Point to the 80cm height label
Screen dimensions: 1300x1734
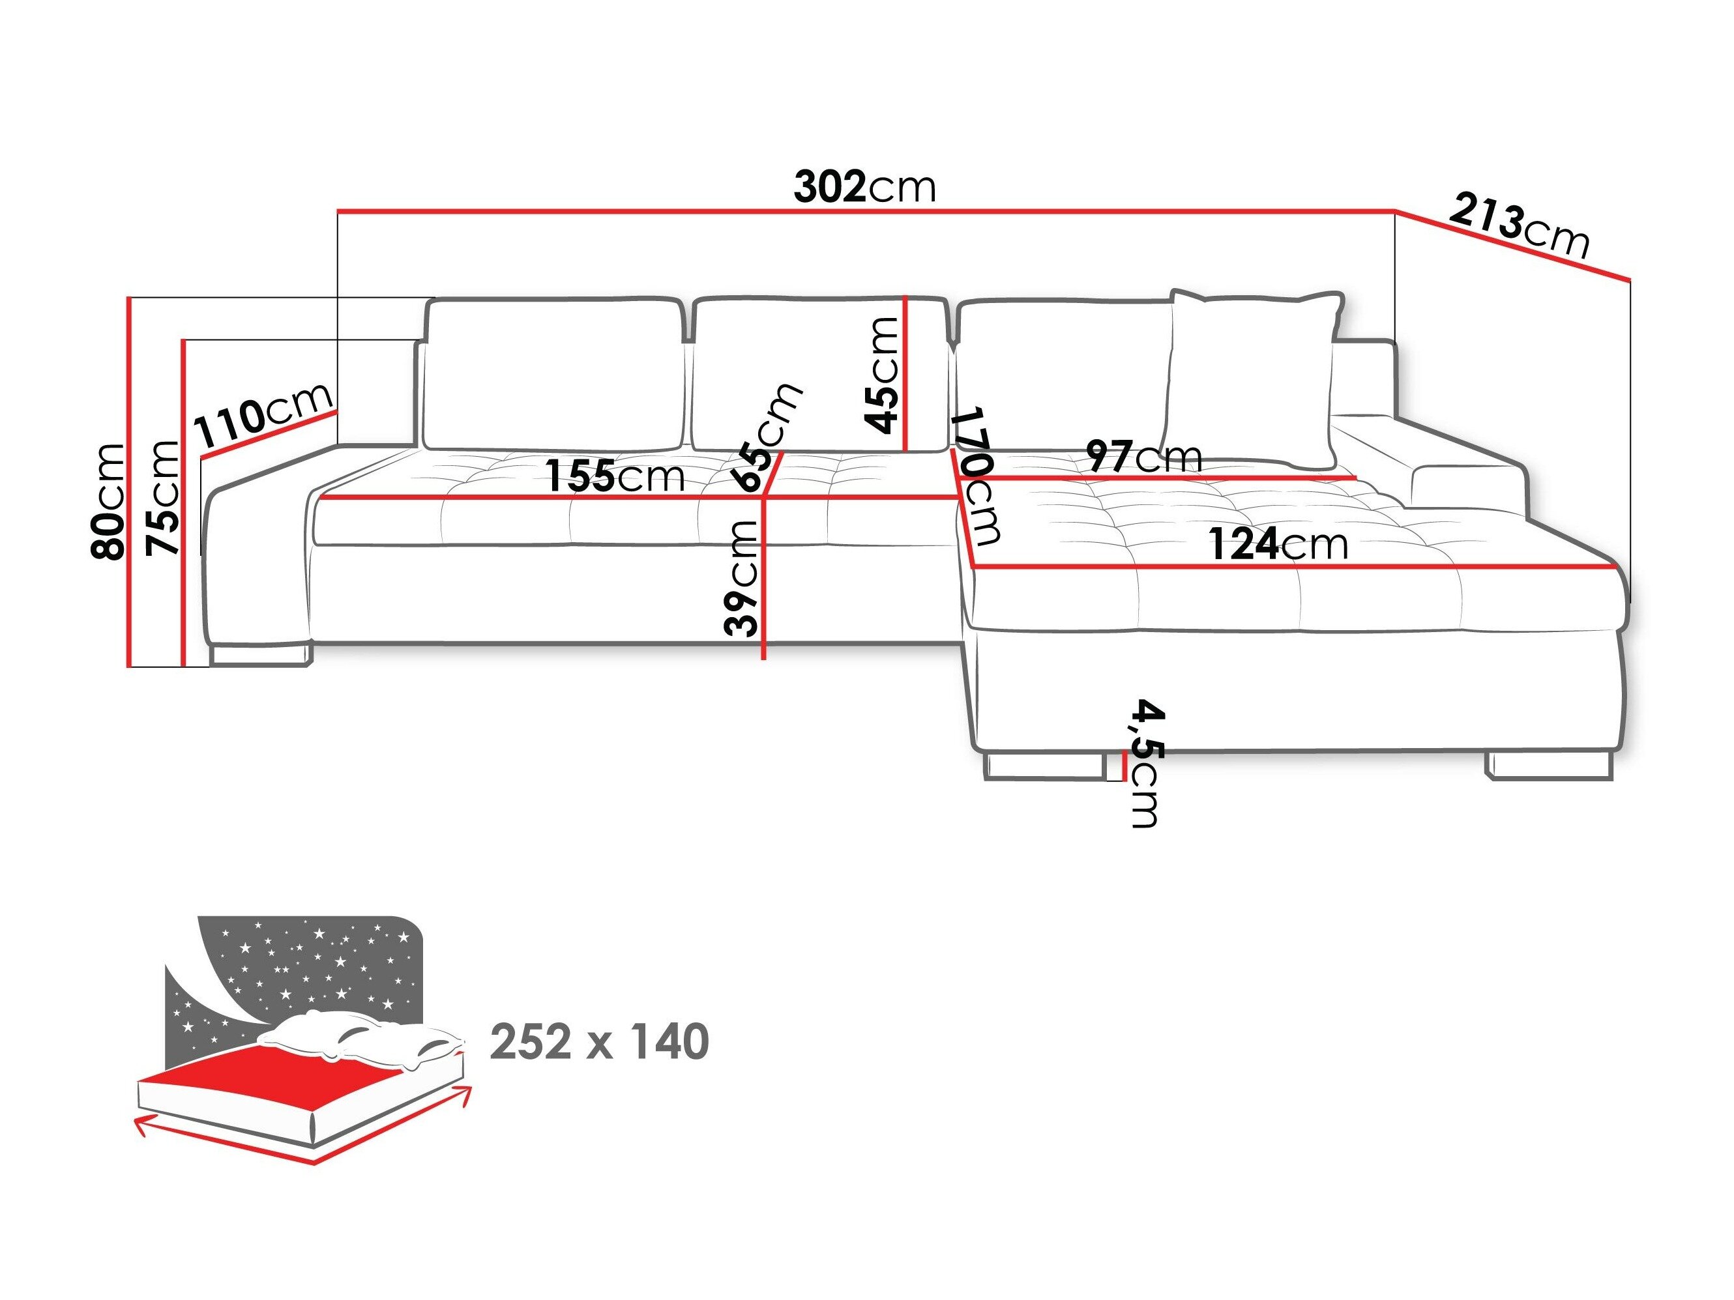click(x=108, y=502)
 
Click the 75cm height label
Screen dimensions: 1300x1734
click(x=163, y=498)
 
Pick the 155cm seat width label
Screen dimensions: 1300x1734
click(x=615, y=476)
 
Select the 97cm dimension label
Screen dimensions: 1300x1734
click(x=1145, y=457)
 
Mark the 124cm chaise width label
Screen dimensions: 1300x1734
click(x=1278, y=544)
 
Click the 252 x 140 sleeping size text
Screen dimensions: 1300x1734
click(x=600, y=1041)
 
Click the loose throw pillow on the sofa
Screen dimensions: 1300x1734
click(x=1252, y=376)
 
